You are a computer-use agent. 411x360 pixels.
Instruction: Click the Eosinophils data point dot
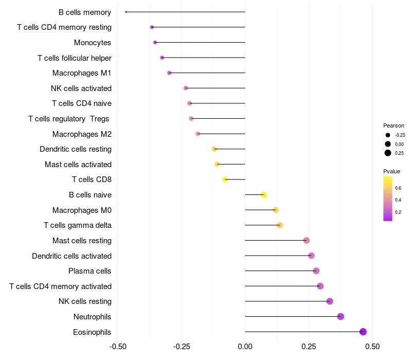(x=363, y=332)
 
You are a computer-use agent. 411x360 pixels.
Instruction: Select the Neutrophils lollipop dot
(x=341, y=316)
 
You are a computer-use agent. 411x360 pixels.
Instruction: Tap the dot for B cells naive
(x=264, y=194)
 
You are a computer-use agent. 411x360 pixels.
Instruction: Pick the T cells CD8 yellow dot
(x=225, y=179)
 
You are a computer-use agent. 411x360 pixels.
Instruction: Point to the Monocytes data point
(x=155, y=42)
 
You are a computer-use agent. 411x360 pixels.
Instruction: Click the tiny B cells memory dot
(x=126, y=12)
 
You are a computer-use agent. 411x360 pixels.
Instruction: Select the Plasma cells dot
(x=316, y=271)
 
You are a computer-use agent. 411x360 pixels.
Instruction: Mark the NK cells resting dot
(x=330, y=301)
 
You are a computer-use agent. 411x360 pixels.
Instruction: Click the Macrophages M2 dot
(x=198, y=134)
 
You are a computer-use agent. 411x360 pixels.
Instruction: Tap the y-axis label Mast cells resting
(x=82, y=240)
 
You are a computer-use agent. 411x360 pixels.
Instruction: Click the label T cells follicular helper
(x=74, y=58)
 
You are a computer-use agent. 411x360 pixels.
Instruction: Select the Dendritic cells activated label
(x=71, y=256)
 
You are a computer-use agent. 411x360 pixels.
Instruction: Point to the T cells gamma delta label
(x=78, y=225)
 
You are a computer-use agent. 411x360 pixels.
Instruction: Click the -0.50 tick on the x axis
(x=118, y=347)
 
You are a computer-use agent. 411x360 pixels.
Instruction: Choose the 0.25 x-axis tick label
(x=309, y=347)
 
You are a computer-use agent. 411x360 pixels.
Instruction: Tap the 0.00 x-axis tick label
(x=245, y=347)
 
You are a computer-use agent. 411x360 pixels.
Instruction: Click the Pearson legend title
(x=394, y=125)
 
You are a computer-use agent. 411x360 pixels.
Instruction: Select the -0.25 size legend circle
(x=388, y=135)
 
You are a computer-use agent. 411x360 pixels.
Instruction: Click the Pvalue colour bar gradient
(x=388, y=199)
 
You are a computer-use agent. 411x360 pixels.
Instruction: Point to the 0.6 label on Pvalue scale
(x=398, y=188)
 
